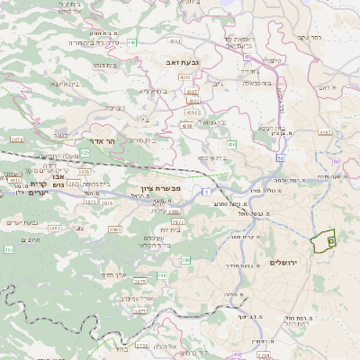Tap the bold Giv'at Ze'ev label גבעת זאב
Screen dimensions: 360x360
pos(181,61)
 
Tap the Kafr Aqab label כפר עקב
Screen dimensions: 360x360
pos(307,38)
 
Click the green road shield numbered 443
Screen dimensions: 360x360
pos(131,41)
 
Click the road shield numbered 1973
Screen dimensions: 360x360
pos(16,139)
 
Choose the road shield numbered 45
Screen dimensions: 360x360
pos(247,56)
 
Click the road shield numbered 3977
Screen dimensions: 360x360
pos(178,221)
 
